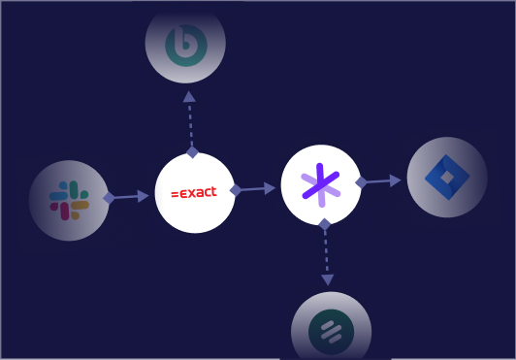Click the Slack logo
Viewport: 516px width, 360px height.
pos(69,200)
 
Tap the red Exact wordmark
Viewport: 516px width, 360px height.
pos(194,193)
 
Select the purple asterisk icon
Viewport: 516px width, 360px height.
pos(320,185)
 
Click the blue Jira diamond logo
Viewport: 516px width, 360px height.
pos(447,177)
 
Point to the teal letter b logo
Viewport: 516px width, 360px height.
pos(186,46)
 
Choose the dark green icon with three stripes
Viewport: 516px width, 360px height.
pos(332,332)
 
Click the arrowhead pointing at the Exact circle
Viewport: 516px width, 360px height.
pos(143,196)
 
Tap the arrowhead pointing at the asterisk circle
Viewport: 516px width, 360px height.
pos(270,188)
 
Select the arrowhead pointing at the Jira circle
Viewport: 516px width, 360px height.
pos(395,180)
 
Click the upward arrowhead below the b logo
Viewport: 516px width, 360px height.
pos(189,97)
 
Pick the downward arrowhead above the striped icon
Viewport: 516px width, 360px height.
pos(328,280)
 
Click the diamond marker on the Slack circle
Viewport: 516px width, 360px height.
pos(109,198)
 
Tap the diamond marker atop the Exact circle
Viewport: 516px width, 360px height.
pos(192,152)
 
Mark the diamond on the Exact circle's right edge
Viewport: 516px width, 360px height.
pos(236,190)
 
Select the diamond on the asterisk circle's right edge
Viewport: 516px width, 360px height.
pos(362,182)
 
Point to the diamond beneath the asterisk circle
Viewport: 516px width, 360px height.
pos(325,224)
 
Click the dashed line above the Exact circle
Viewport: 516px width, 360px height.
pos(190,124)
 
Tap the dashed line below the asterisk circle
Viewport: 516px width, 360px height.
pos(326,252)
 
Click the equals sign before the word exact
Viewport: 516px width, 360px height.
pos(175,194)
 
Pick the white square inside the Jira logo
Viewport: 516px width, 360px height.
pos(447,178)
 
